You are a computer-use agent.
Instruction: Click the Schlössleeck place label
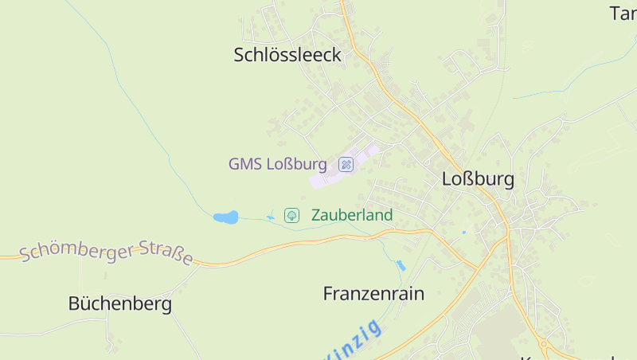[x=287, y=55]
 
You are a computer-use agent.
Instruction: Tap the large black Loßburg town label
[x=478, y=179]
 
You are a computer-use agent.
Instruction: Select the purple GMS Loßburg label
[x=277, y=164]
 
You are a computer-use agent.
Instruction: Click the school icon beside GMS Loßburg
[x=346, y=164]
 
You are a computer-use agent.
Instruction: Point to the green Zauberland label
[x=352, y=215]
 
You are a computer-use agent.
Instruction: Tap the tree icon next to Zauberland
[x=292, y=215]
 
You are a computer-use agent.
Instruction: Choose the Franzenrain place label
[x=373, y=293]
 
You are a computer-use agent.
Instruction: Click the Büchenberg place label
[x=119, y=303]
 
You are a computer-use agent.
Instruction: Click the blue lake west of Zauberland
[x=225, y=217]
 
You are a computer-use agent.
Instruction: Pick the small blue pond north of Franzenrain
[x=401, y=265]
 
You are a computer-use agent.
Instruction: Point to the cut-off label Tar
[x=623, y=14]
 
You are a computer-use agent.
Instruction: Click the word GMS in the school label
[x=244, y=164]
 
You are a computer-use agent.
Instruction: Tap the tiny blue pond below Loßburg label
[x=463, y=233]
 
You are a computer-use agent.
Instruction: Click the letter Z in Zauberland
[x=316, y=215]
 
